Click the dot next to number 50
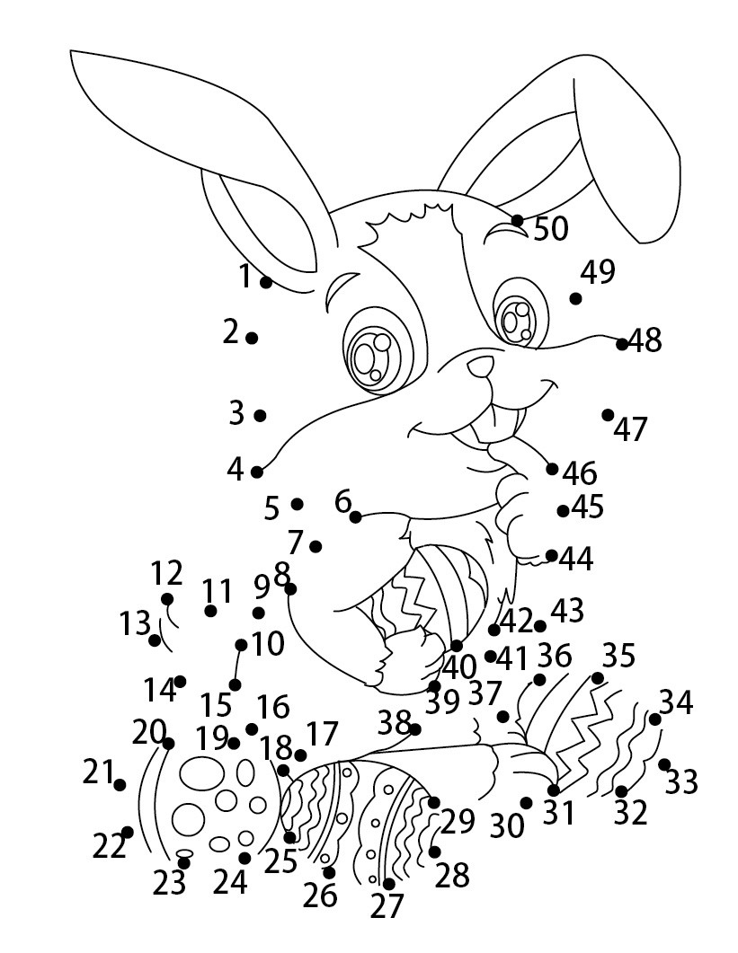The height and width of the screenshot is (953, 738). [x=517, y=220]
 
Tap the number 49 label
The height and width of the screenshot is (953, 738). [x=598, y=271]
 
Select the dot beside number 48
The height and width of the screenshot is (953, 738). [x=621, y=344]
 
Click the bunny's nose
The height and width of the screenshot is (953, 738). [x=481, y=366]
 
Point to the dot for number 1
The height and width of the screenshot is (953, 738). [x=266, y=282]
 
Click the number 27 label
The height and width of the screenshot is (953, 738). [x=387, y=905]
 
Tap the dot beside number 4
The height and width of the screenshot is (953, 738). [x=257, y=472]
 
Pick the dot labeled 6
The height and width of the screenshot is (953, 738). [x=355, y=517]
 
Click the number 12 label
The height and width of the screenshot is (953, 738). [x=166, y=572]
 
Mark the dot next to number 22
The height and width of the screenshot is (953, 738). [x=127, y=832]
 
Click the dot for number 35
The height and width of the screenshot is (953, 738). [x=598, y=677]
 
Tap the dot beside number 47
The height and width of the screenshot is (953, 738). [x=608, y=414]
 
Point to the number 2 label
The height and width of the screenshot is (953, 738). [x=231, y=331]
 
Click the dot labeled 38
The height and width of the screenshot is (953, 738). [x=415, y=728]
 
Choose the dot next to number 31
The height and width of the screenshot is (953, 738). [x=553, y=790]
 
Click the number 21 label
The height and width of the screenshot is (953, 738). [x=99, y=772]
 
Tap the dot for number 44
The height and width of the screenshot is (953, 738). [x=551, y=555]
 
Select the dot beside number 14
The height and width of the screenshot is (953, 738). [x=180, y=682]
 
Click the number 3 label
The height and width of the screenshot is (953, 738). [x=236, y=412]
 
